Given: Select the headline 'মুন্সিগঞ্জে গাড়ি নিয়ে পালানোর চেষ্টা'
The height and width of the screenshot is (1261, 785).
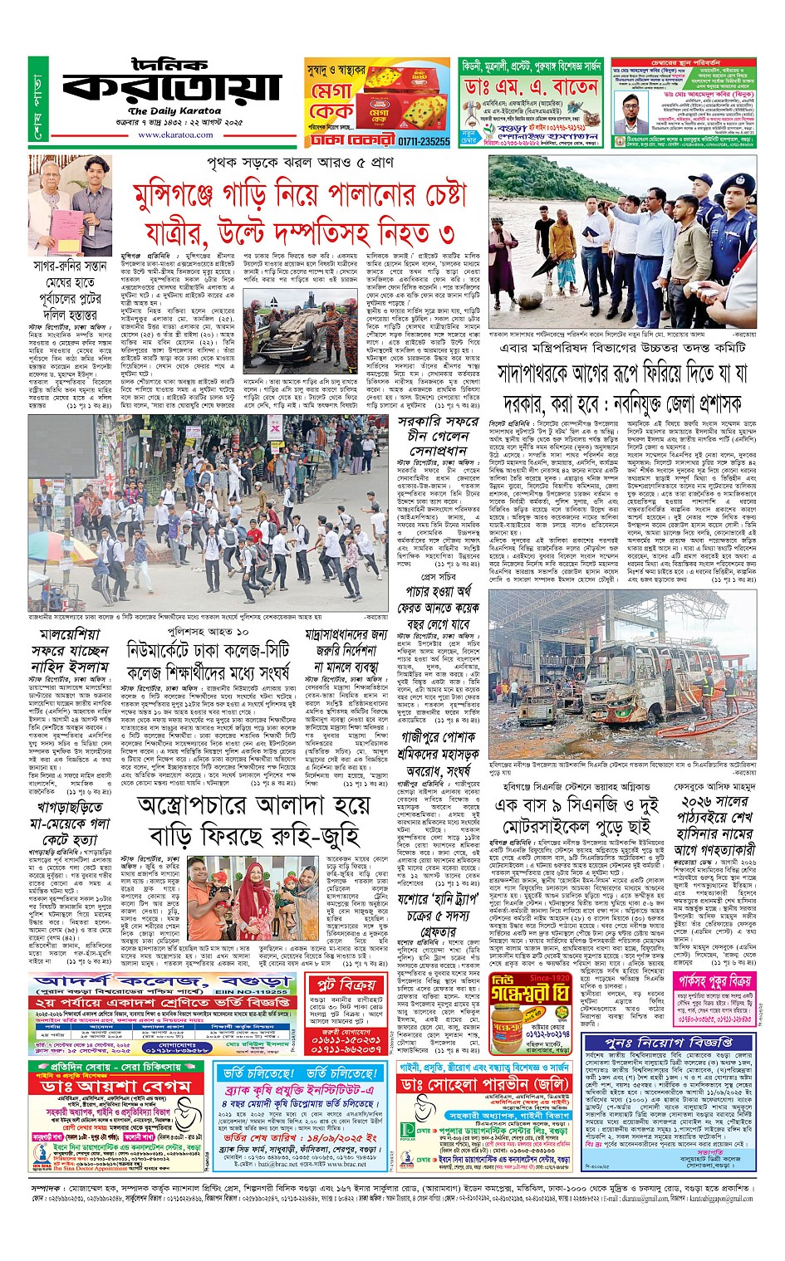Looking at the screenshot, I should (x=300, y=196).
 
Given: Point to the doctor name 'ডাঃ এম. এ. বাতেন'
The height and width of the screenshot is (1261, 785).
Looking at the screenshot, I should (x=531, y=87).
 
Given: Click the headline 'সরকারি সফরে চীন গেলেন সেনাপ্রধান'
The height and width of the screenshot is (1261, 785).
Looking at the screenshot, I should (x=439, y=435).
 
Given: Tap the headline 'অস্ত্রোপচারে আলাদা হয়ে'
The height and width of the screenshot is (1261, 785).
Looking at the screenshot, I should (x=253, y=805).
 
